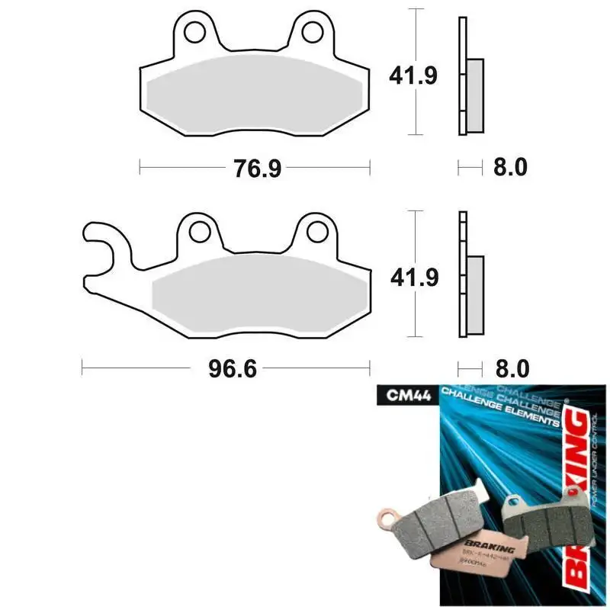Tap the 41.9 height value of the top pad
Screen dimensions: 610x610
point(413,76)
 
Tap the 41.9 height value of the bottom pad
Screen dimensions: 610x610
point(413,279)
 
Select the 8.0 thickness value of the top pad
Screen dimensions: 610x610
point(510,168)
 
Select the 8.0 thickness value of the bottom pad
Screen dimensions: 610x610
point(511,369)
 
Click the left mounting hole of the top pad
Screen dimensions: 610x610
point(196,32)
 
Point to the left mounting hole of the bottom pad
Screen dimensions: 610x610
point(200,230)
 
